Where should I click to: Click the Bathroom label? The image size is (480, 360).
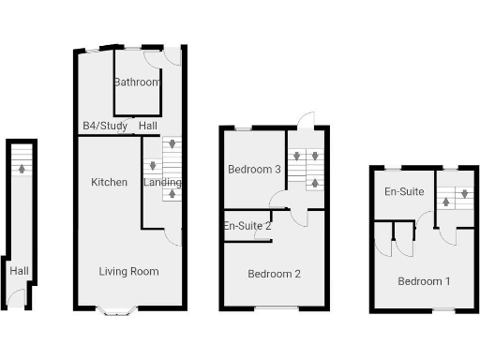(x=137, y=82)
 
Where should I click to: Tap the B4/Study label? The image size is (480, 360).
(x=104, y=126)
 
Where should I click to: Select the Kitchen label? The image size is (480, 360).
(x=109, y=182)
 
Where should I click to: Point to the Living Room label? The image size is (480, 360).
(x=129, y=272)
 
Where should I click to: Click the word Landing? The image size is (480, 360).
(x=162, y=182)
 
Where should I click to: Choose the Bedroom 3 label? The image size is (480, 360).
(x=255, y=170)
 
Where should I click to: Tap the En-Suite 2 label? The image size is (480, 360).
(x=247, y=226)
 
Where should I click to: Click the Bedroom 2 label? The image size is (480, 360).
(x=274, y=275)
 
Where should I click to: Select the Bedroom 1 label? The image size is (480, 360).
(x=424, y=281)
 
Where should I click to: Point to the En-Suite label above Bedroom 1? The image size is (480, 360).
(x=404, y=191)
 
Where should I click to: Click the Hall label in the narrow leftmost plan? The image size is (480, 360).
(x=19, y=271)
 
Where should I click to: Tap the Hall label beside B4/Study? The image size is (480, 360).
(x=148, y=126)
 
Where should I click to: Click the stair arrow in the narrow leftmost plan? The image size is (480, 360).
(x=21, y=170)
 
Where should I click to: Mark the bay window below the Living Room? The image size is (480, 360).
(x=120, y=310)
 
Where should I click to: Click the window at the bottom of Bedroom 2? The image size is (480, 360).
(x=271, y=308)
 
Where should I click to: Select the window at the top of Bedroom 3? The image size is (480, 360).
(x=243, y=127)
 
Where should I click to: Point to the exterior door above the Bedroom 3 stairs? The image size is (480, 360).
(x=306, y=119)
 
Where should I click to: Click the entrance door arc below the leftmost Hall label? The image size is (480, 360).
(x=16, y=298)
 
